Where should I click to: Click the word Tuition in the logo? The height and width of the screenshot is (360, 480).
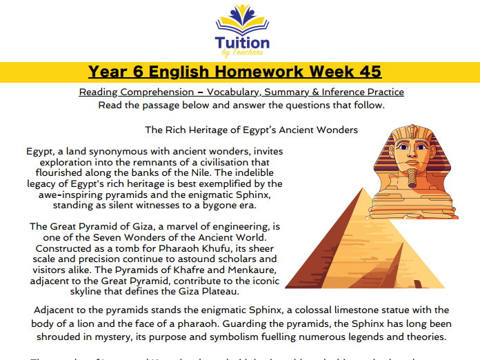[x=242, y=41]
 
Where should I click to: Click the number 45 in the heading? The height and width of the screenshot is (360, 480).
[x=365, y=72]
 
